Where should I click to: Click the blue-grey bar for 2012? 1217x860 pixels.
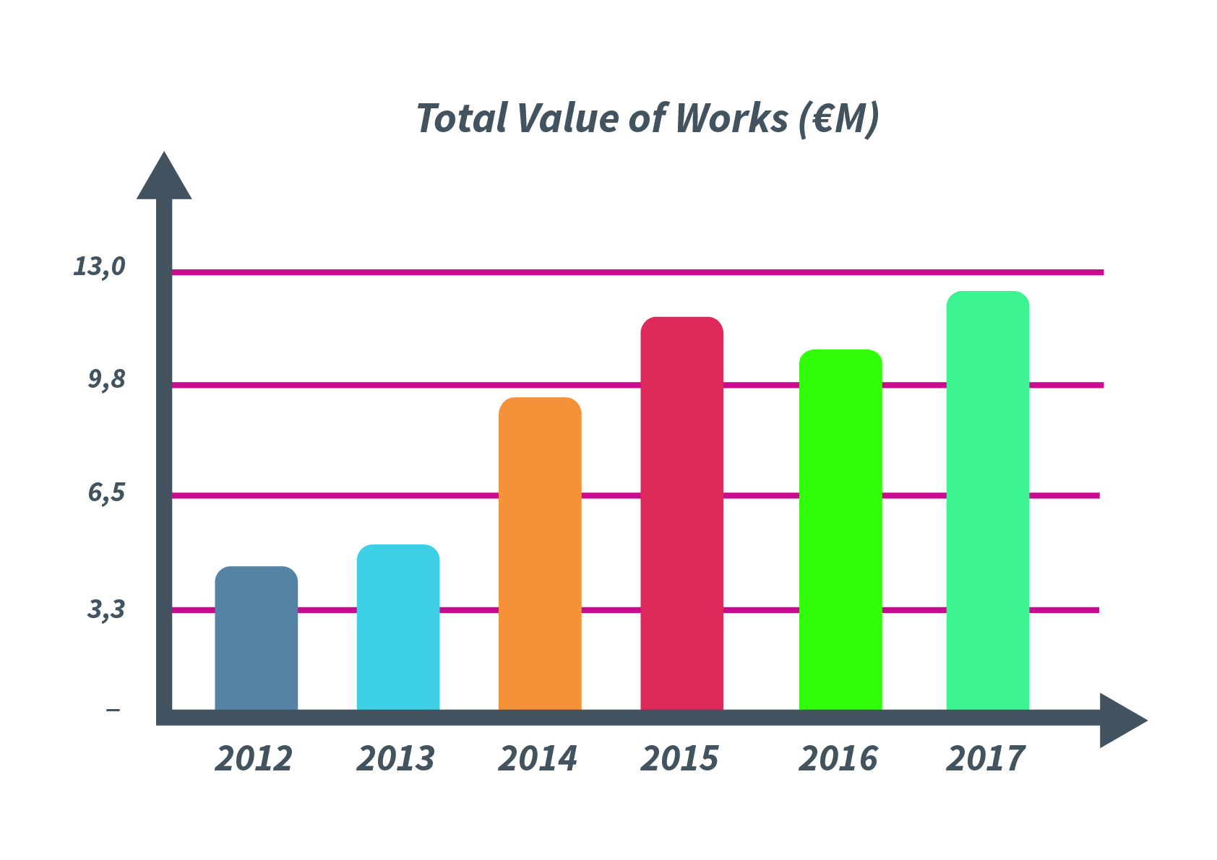pyautogui.click(x=256, y=638)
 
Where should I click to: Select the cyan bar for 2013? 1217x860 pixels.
pyautogui.click(x=397, y=627)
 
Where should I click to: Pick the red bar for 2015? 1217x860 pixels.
pyautogui.click(x=681, y=513)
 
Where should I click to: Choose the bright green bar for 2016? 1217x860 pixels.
pyautogui.click(x=840, y=530)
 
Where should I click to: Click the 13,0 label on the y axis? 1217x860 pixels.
pyautogui.click(x=100, y=266)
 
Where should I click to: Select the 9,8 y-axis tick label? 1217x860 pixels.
pyautogui.click(x=107, y=379)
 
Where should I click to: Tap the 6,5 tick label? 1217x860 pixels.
pyautogui.click(x=107, y=492)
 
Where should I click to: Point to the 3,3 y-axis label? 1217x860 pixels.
pyautogui.click(x=107, y=609)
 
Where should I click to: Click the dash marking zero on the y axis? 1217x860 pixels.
pyautogui.click(x=113, y=711)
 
